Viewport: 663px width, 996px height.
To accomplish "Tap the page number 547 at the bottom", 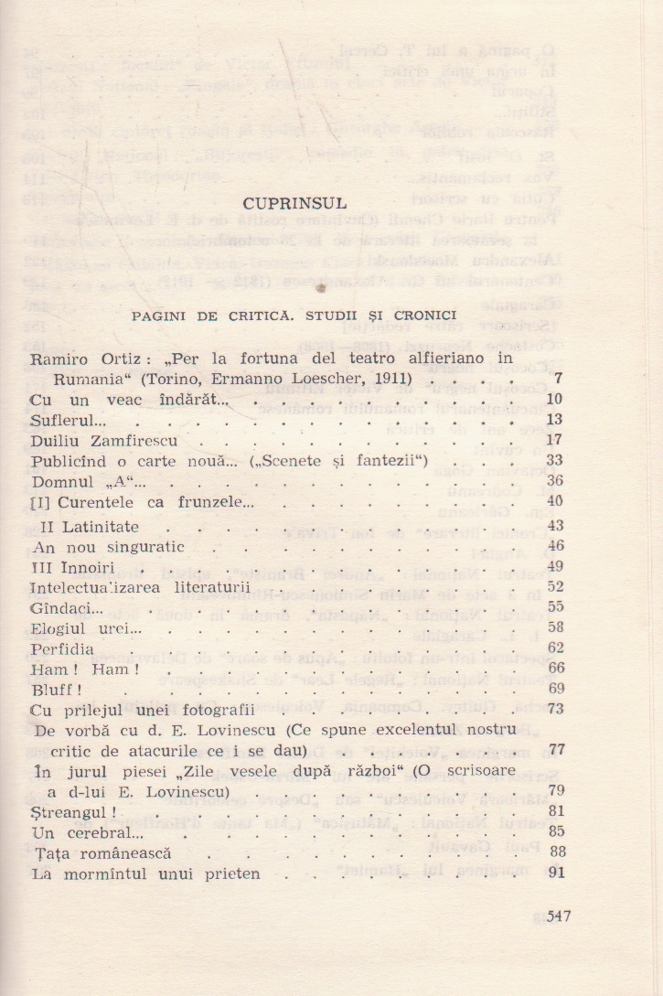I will tap(558, 916).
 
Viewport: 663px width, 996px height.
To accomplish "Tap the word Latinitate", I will tap(101, 526).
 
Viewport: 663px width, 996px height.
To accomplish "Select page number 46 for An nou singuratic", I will tap(555, 545).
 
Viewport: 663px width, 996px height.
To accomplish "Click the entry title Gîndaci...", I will tap(65, 606).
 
